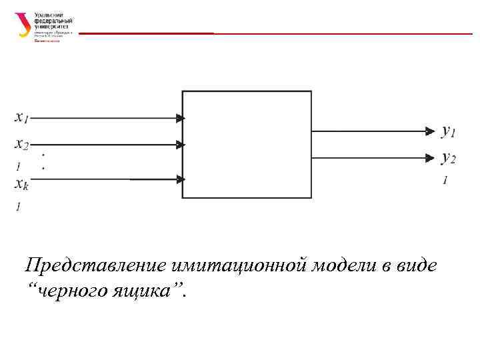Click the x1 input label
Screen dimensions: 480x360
[22, 118]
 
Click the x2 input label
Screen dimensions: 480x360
[22, 143]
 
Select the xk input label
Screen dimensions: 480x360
[22, 182]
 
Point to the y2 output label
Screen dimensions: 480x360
[448, 158]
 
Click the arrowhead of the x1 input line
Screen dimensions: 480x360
[180, 118]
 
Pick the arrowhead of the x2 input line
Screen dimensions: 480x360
[180, 143]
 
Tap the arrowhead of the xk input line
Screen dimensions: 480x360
[180, 179]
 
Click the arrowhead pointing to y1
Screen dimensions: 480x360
[430, 131]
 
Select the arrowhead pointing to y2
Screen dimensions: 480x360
[430, 158]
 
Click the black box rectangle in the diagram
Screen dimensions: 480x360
[247, 145]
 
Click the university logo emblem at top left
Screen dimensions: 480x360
[23, 25]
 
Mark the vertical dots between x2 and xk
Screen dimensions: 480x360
[43, 161]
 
